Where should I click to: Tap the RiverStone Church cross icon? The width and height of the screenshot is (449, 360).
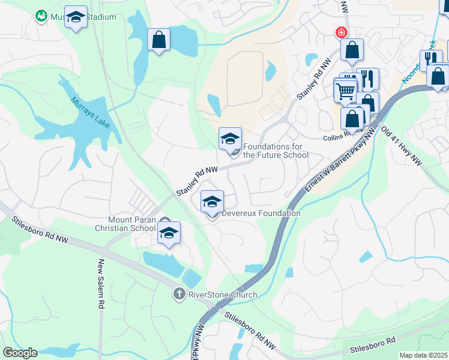click(x=178, y=295)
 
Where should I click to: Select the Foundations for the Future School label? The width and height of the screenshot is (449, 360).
click(x=276, y=151)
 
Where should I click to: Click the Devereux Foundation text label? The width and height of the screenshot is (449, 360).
click(x=261, y=213)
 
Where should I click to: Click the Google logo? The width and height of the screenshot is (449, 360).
click(x=20, y=352)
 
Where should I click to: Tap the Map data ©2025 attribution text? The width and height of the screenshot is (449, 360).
click(x=424, y=355)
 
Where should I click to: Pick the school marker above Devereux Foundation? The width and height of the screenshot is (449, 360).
click(x=212, y=202)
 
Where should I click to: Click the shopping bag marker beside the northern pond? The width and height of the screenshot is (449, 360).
click(x=158, y=40)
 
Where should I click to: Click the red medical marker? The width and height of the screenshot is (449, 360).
click(x=341, y=32)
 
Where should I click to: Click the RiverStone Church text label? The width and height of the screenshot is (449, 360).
click(x=223, y=295)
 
